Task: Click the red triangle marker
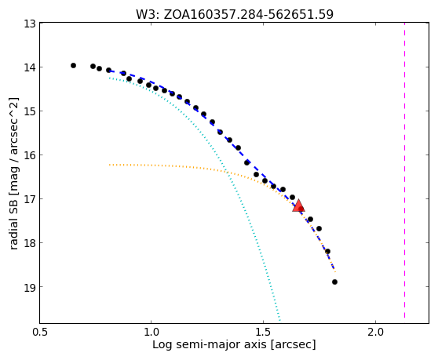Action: point(298,206)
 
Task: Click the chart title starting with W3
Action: point(235,14)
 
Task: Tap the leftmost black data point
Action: point(73,66)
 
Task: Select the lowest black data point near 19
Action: point(334,282)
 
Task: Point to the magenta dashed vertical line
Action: point(404,170)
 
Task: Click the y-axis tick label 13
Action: point(29,24)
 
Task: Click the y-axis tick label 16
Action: point(29,155)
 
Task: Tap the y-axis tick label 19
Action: point(29,287)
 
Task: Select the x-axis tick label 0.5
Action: point(40,332)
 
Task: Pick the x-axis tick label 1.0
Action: point(151,332)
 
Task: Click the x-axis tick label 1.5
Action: point(264,332)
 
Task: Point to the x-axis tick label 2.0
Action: point(376,332)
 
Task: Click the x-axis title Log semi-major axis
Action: point(210,345)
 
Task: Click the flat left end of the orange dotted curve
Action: point(110,165)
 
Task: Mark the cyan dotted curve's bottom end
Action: point(279,320)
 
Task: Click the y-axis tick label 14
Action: point(29,67)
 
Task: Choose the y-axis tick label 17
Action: point(29,199)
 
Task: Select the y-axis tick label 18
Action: point(29,243)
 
